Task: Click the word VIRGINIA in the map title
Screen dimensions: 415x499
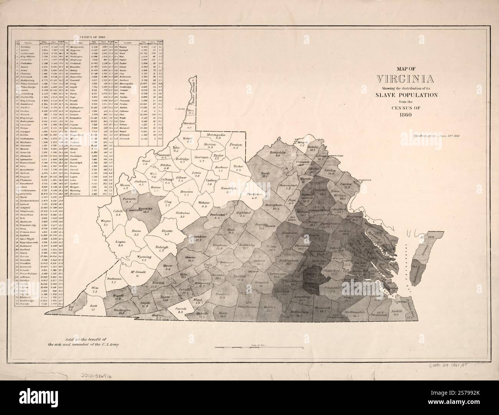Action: (x=406, y=79)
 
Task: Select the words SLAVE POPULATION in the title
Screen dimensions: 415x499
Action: (x=406, y=95)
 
